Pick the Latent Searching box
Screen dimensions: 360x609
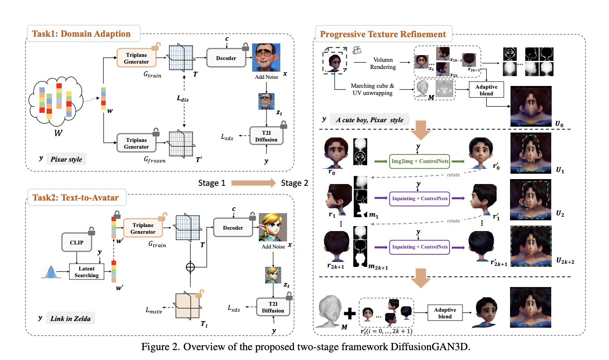coord(86,271)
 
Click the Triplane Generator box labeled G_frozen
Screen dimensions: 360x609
coord(137,143)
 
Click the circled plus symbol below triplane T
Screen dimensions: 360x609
coord(191,267)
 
